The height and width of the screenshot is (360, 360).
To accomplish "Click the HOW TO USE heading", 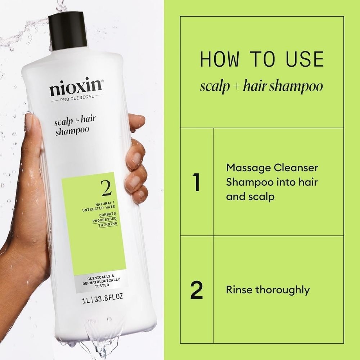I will point(262,59).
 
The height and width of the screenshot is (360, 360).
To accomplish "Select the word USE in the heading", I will point(303,59).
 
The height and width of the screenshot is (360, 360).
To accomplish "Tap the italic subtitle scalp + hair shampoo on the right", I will point(262,86).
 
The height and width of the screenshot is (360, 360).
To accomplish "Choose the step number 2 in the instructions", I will point(196,290).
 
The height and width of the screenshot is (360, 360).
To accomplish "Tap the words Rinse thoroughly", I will point(267,290).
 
